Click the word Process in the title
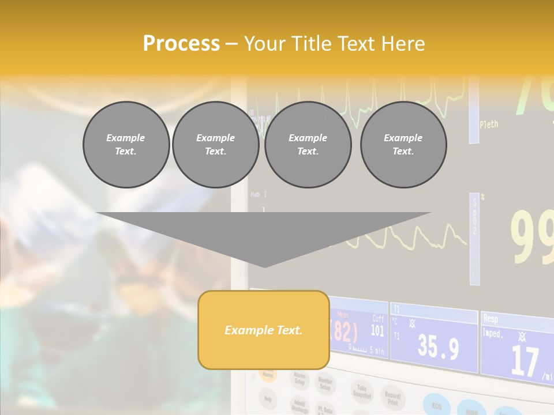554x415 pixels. (x=181, y=44)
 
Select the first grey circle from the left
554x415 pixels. (x=126, y=145)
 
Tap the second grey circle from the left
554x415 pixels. (x=215, y=145)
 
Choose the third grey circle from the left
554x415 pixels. (x=308, y=145)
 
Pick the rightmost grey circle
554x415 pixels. (x=403, y=145)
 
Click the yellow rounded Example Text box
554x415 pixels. (x=263, y=330)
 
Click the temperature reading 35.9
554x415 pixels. (x=438, y=348)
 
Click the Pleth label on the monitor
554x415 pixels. (x=488, y=124)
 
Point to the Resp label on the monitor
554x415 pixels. (x=491, y=318)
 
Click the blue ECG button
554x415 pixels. (x=437, y=404)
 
